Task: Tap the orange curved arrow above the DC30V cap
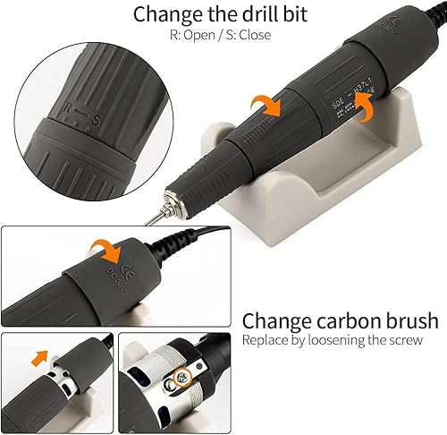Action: click(106, 250)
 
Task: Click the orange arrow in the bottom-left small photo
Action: click(38, 357)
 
